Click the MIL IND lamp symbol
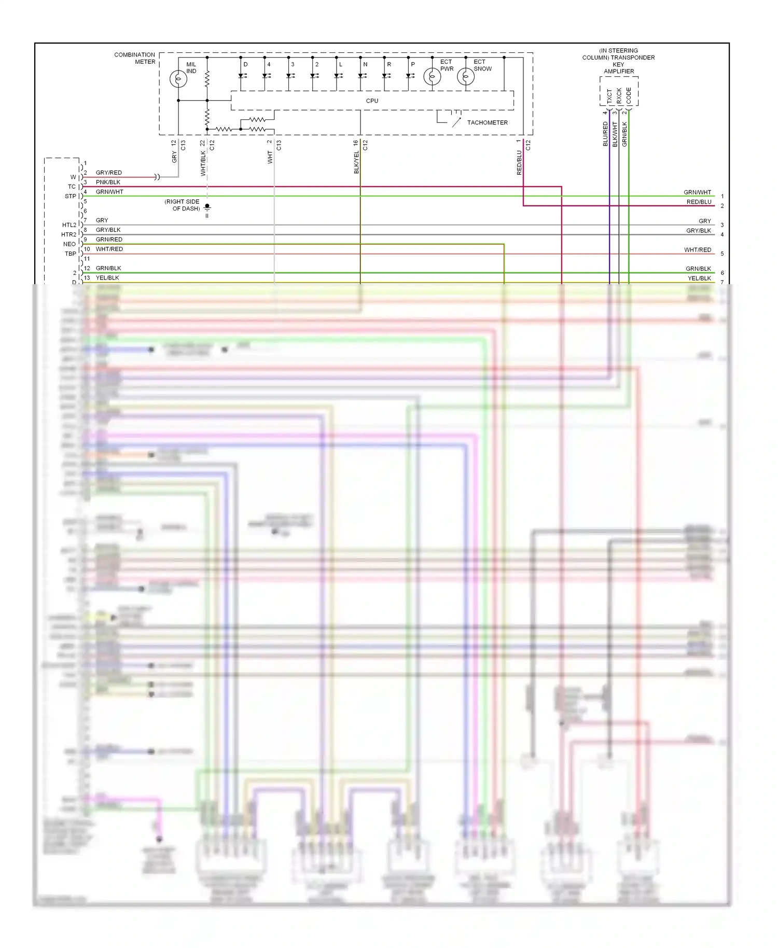click(178, 79)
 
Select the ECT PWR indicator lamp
click(432, 77)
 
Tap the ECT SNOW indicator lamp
click(466, 77)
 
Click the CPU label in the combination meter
click(372, 101)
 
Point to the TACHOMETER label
click(487, 123)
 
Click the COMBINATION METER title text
click(135, 58)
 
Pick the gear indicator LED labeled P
click(409, 75)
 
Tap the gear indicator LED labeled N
click(362, 75)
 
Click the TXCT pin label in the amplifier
click(609, 96)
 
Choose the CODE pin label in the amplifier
click(629, 95)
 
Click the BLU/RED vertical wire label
click(605, 134)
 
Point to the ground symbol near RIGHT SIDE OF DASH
click(207, 208)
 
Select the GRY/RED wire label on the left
click(109, 173)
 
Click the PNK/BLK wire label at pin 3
click(108, 183)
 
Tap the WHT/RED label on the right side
click(697, 250)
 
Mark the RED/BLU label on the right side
click(699, 202)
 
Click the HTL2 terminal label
click(69, 225)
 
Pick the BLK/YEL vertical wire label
click(357, 162)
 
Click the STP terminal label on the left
click(70, 197)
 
